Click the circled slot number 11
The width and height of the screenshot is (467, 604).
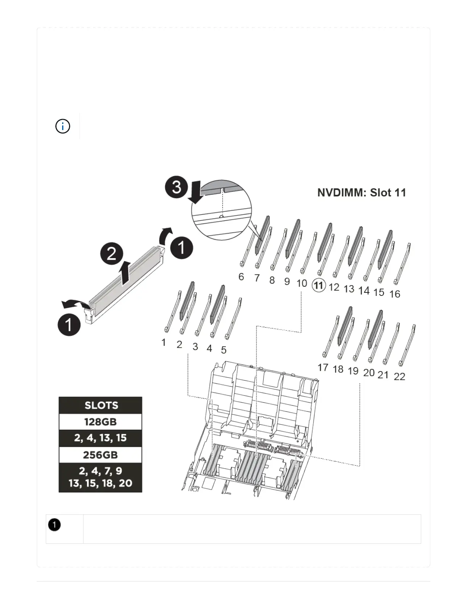(x=319, y=285)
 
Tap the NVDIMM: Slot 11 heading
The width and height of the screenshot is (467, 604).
(x=361, y=193)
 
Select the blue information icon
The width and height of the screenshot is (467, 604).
(x=63, y=126)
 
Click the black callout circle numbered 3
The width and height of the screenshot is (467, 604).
(x=176, y=187)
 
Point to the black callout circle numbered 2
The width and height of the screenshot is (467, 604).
(x=111, y=254)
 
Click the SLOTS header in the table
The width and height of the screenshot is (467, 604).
(x=101, y=405)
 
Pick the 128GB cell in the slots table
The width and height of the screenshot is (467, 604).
(x=100, y=422)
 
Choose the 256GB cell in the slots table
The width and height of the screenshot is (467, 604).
(x=100, y=455)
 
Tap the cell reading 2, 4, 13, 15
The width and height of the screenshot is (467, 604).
(x=100, y=438)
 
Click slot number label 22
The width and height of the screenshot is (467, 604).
(x=399, y=377)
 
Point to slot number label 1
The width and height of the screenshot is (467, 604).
(x=164, y=342)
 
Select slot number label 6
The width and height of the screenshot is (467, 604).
(x=241, y=277)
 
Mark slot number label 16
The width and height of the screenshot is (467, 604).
(x=395, y=294)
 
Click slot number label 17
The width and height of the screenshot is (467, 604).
(x=323, y=367)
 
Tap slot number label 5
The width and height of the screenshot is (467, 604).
(x=224, y=350)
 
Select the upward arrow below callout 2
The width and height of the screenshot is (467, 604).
(x=124, y=273)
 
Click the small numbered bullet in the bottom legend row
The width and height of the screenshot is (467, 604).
(x=54, y=525)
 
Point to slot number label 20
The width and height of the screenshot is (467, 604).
(x=369, y=373)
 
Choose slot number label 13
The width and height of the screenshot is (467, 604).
(x=349, y=289)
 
